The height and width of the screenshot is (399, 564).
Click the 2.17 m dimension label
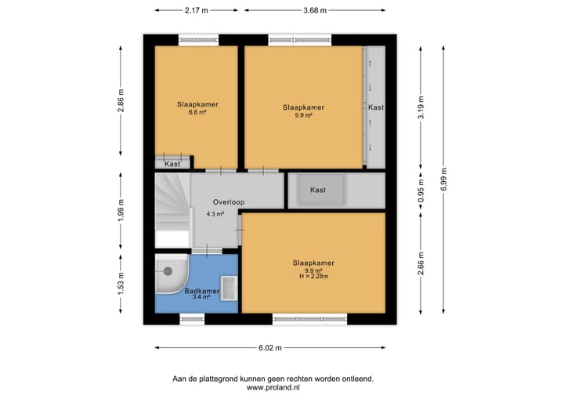tap(196, 10)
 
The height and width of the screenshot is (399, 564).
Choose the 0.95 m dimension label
tap(421, 191)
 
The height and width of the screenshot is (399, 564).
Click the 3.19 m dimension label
tap(421, 106)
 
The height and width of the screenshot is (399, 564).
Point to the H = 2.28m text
tap(313, 277)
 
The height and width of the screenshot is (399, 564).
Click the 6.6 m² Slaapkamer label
tap(197, 108)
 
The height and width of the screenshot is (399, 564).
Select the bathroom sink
tap(229, 289)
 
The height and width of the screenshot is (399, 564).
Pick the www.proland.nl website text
tap(273, 387)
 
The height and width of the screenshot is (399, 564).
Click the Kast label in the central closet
tap(318, 190)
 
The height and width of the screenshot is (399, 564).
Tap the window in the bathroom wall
tap(191, 318)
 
